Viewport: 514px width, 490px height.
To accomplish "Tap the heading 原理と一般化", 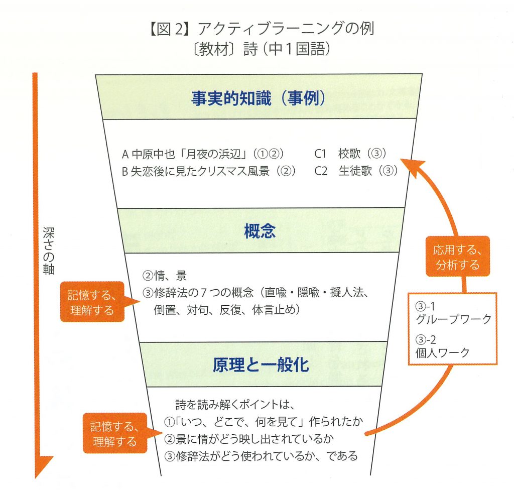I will (x=261, y=365).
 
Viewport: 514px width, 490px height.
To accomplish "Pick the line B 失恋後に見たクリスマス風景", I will (x=208, y=171).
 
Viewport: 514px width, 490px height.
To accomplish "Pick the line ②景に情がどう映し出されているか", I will (x=249, y=438).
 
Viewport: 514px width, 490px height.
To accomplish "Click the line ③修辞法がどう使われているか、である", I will (x=261, y=456).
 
